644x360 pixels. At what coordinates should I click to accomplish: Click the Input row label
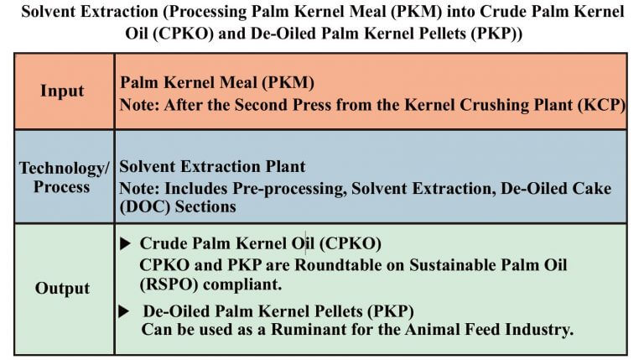[62, 91]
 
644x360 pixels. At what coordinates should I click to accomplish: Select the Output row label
[62, 288]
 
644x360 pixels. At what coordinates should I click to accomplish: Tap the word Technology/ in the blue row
[64, 169]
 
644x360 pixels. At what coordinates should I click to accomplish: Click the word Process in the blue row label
[61, 187]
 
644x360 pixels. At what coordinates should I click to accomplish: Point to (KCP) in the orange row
[602, 105]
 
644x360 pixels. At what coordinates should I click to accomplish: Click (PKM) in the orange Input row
[288, 82]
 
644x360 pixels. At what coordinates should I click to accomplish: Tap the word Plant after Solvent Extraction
[285, 166]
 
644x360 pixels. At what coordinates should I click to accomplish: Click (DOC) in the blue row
[144, 206]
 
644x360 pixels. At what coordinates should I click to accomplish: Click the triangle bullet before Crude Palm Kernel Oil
[125, 243]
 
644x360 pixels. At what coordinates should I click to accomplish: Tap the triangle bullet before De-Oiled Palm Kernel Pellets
[124, 311]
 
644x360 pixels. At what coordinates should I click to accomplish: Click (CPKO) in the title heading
[183, 34]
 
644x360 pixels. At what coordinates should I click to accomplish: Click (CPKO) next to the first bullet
[351, 243]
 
